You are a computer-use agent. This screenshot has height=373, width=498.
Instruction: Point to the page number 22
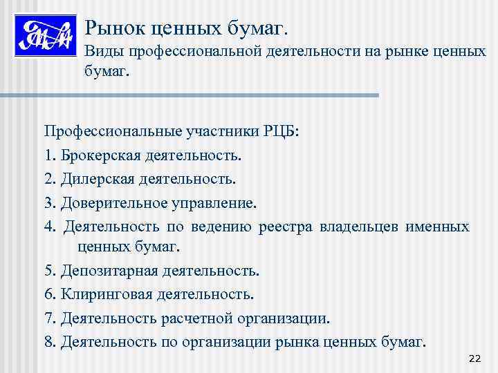coord(474,358)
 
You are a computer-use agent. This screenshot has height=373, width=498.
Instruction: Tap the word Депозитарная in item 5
coord(108,270)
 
